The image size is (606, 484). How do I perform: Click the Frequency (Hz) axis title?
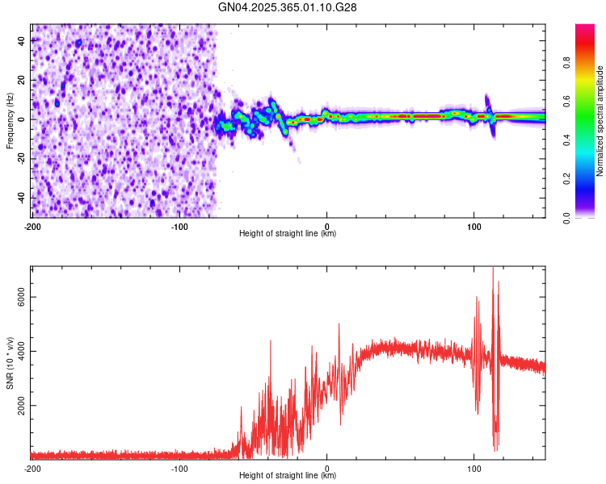(9, 120)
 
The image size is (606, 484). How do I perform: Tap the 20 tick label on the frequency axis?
(22, 80)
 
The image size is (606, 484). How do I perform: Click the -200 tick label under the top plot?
(32, 227)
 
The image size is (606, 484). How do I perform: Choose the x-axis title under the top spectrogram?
(288, 235)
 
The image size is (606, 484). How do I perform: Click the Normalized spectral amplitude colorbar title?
(600, 121)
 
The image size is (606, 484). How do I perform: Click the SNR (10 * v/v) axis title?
(9, 362)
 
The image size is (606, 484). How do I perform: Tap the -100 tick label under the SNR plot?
(179, 468)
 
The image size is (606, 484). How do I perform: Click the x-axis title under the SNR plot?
(288, 476)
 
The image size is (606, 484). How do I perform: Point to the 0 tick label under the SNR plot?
(327, 468)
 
